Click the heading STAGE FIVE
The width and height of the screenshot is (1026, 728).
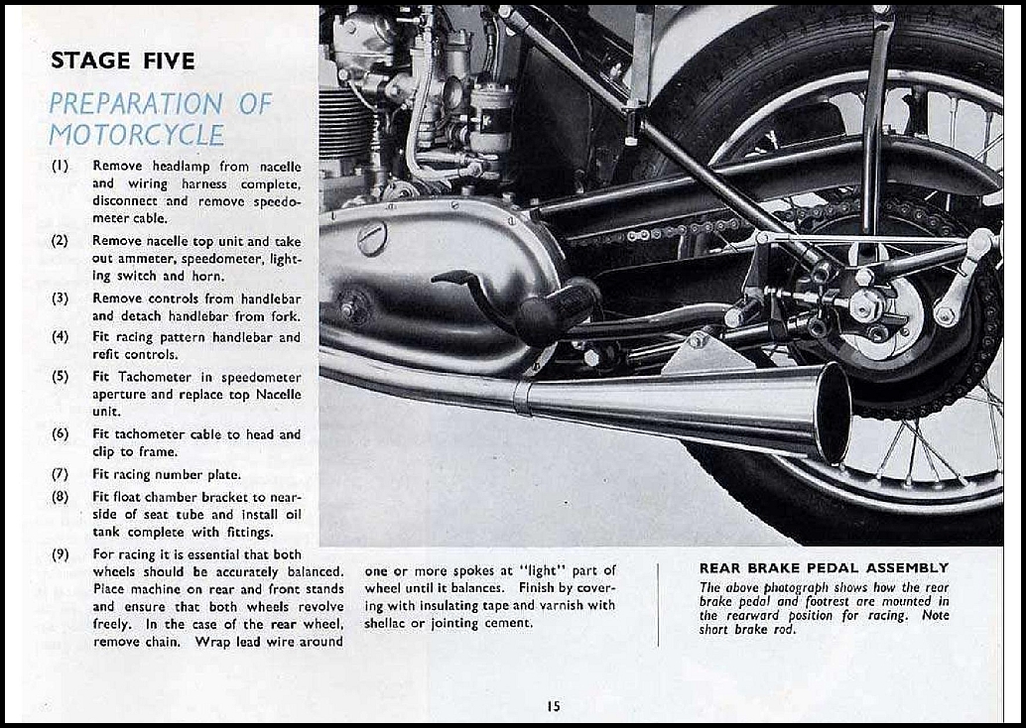(x=122, y=61)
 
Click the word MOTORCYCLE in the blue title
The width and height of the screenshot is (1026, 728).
(x=136, y=135)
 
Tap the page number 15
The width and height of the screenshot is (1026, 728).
(x=553, y=706)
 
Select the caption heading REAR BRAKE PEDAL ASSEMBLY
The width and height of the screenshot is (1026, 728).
(x=824, y=568)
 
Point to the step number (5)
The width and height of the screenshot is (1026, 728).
(x=61, y=377)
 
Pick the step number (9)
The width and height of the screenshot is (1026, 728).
(x=61, y=554)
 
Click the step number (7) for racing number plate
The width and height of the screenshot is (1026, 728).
(x=61, y=473)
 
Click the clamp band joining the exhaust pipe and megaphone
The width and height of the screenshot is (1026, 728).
(x=520, y=397)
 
